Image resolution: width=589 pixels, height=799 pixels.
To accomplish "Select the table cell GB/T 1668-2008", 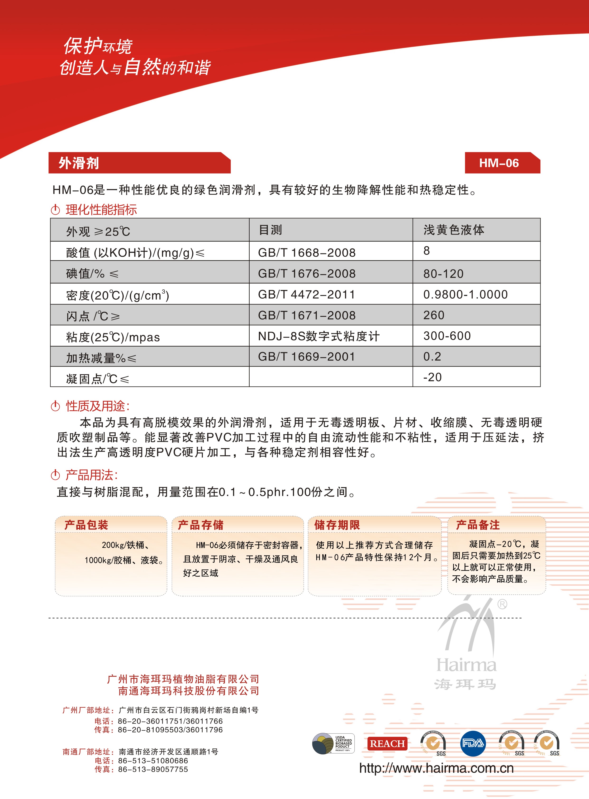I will coord(307,252).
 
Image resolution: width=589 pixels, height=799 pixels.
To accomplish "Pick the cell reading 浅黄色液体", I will coord(454,230).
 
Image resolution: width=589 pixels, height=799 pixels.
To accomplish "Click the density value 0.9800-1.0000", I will coord(465,294).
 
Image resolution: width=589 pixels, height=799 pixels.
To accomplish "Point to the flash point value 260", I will coord(434,315).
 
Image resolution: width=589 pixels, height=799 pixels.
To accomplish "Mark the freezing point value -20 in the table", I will coord(432,377).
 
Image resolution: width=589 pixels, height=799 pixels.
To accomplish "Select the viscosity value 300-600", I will coord(447,336).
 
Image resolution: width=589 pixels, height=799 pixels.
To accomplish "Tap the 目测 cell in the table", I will coord(270,230).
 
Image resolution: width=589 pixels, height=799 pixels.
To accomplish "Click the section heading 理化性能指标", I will coord(101,210).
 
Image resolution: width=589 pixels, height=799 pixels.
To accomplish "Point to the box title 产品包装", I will coord(86,525).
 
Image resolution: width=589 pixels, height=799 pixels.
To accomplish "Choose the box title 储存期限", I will coord(337,525).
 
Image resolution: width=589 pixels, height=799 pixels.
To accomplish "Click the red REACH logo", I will coord(387,744).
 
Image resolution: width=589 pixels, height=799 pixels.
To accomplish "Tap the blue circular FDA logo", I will coord(473,743).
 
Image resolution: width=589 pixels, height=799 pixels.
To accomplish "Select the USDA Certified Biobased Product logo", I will coord(333,743).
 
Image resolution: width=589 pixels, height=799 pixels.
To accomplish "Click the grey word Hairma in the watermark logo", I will coord(466,665).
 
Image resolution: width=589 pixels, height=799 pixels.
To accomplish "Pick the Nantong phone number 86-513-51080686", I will coord(153,761).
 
